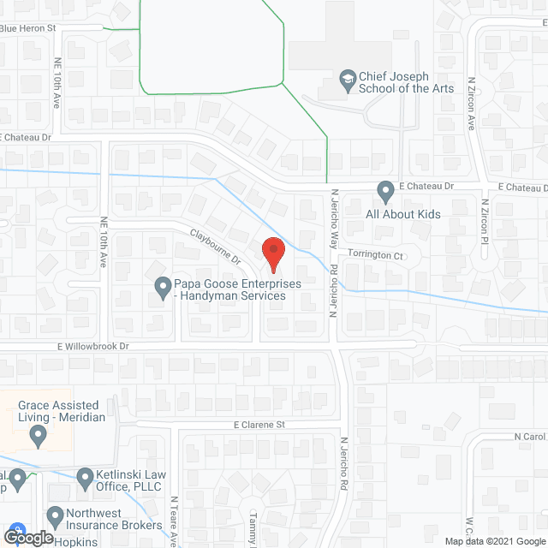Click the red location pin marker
coord(272,253)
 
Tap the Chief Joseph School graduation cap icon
coord(348,81)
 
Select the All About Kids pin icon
coord(386,189)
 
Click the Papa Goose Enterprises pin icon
coord(162,288)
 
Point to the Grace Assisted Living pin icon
coord(38,436)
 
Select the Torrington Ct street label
coord(374,255)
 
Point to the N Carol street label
coord(530,437)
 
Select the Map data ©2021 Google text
coord(493,540)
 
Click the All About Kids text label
coord(402,214)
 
